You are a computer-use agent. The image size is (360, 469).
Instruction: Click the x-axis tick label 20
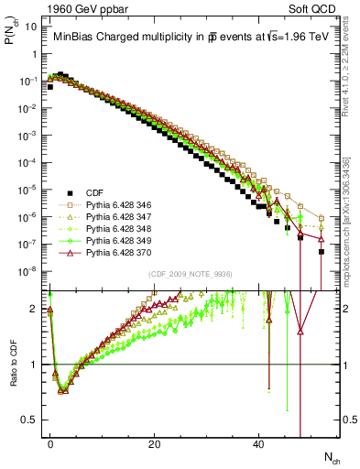[156, 444]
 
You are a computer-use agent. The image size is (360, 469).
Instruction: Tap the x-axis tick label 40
[259, 444]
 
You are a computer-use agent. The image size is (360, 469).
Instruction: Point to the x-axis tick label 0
[51, 444]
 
